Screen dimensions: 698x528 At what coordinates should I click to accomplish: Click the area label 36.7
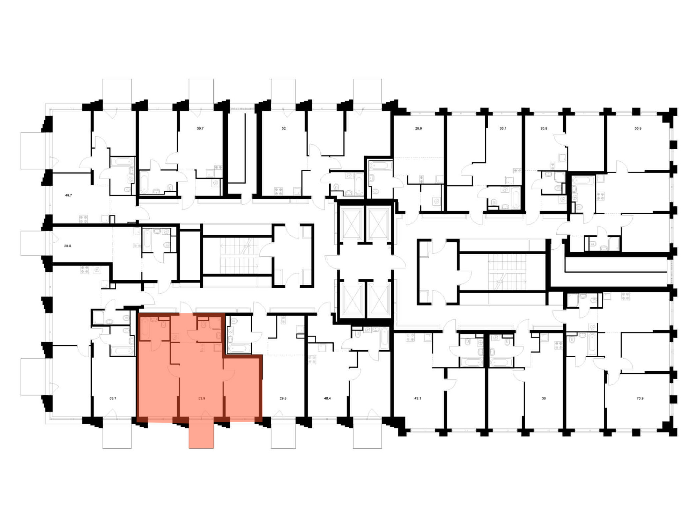pos(200,129)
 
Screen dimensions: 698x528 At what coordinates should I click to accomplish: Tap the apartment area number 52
pos(284,129)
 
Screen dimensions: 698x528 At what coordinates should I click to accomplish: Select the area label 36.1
pos(503,129)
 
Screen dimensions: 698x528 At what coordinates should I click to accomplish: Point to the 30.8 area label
pos(544,129)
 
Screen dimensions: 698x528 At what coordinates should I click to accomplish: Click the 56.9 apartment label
pos(638,129)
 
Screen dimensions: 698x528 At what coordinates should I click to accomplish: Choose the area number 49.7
pos(68,196)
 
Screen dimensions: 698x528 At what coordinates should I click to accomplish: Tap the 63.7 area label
pos(113,398)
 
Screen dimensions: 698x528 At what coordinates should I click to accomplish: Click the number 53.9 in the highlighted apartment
pos(202,398)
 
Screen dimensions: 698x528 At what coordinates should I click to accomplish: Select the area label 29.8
pos(283,398)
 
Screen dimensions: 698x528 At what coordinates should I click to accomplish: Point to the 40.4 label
pos(327,398)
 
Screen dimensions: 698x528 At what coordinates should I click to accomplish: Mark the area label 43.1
pos(418,398)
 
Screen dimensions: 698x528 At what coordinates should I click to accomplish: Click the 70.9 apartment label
pos(640,398)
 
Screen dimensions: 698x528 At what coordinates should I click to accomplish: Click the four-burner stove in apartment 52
pos(278,191)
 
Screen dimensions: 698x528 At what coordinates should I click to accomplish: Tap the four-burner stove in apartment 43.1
pos(410,337)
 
